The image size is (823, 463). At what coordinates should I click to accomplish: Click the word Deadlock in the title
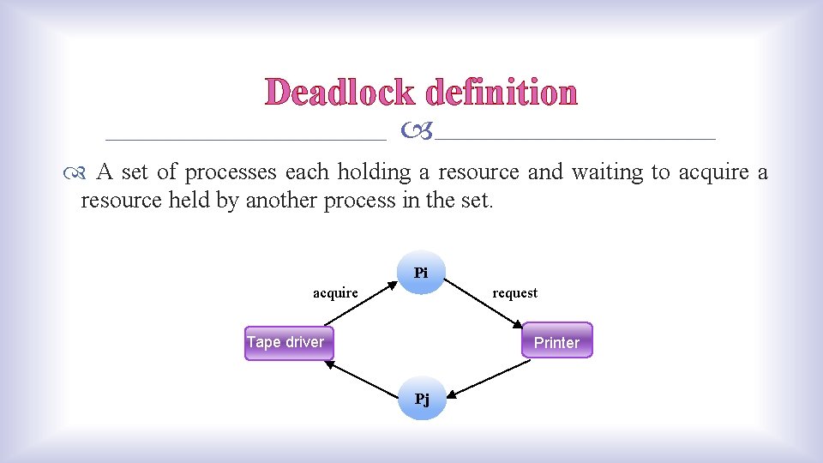340,92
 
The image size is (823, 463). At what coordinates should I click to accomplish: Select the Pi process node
421,274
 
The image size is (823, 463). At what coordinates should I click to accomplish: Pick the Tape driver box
285,342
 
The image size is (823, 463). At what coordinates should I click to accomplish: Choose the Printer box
557,340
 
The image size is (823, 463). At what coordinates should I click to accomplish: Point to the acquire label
335,293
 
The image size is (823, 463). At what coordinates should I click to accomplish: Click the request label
514,293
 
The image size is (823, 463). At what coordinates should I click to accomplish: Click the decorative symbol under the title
417,131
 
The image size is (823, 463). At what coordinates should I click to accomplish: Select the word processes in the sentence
231,172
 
